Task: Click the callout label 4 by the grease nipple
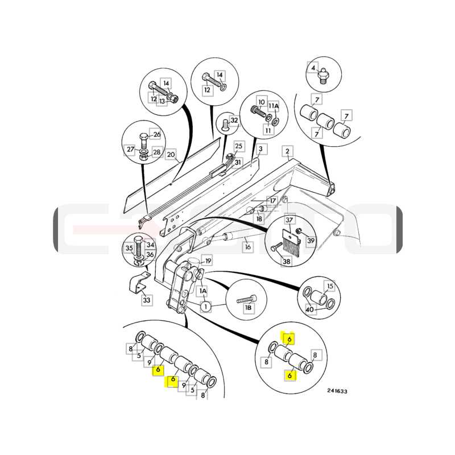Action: click(x=313, y=68)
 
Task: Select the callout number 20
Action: click(x=171, y=154)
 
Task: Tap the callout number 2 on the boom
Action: click(x=287, y=151)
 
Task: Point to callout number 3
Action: click(x=260, y=149)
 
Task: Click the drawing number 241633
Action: click(x=337, y=391)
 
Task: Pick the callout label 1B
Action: click(x=248, y=308)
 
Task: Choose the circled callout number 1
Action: click(x=206, y=307)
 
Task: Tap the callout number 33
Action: click(x=147, y=300)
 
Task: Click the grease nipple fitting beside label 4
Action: click(x=324, y=76)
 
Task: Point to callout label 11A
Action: click(x=273, y=106)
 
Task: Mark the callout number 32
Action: click(x=234, y=120)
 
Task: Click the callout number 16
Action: click(x=247, y=247)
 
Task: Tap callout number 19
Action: click(x=208, y=261)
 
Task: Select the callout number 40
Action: click(x=309, y=309)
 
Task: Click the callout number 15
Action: click(x=330, y=286)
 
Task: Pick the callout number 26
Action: click(x=157, y=134)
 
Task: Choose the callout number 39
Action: click(x=311, y=241)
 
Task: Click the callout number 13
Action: click(x=162, y=101)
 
